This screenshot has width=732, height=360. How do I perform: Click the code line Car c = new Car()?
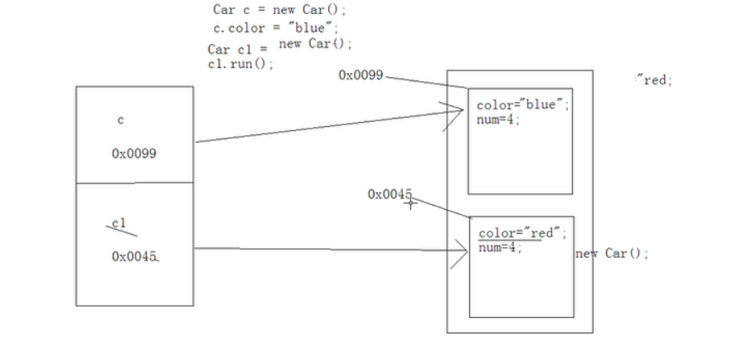[x=279, y=10]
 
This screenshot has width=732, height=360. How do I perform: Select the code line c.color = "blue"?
[x=276, y=28]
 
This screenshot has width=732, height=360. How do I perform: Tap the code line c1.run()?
[x=241, y=64]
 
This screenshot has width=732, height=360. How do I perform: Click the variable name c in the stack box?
[x=121, y=120]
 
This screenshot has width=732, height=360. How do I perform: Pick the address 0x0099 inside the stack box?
[x=134, y=153]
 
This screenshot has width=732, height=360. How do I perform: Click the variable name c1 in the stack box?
[x=119, y=223]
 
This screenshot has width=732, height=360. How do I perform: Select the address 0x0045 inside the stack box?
[x=134, y=256]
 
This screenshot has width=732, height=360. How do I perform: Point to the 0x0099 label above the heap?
[x=361, y=75]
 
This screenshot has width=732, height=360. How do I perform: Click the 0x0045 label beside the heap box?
[x=390, y=194]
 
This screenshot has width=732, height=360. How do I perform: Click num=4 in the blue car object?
[x=498, y=119]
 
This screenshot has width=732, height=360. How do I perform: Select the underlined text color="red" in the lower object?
[x=522, y=233]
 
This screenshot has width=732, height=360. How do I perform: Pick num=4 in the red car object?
[x=500, y=247]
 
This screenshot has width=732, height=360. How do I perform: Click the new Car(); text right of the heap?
[x=612, y=254]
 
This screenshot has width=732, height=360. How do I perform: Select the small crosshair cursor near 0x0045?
[x=410, y=203]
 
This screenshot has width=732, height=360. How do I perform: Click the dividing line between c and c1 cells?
[x=134, y=182]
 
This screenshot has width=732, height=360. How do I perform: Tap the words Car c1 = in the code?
[x=238, y=50]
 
